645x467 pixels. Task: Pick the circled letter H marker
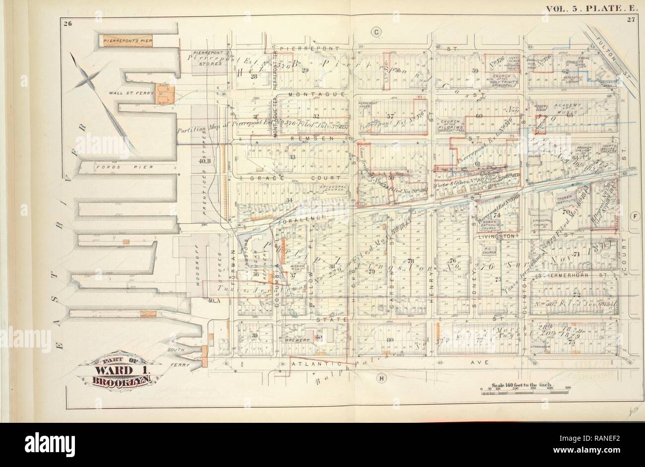point(382,379)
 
